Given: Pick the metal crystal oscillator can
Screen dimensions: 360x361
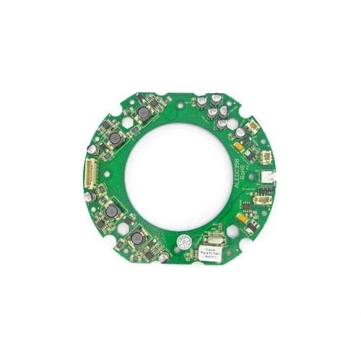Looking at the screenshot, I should click(214, 240).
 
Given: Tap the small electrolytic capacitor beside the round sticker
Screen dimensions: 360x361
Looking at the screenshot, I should click(165, 254).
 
